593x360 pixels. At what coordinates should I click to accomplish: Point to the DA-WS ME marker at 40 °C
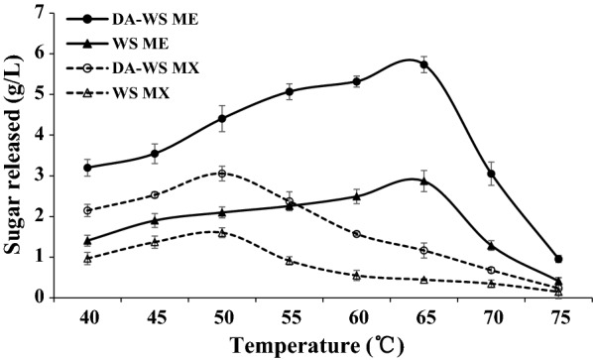pyautogui.click(x=88, y=168)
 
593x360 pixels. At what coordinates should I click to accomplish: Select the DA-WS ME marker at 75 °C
pyautogui.click(x=558, y=259)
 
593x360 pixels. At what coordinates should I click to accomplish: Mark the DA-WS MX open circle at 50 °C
pyautogui.click(x=222, y=174)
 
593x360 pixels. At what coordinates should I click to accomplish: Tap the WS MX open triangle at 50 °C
pyautogui.click(x=222, y=232)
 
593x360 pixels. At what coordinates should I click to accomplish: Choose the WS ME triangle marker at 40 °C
pyautogui.click(x=88, y=241)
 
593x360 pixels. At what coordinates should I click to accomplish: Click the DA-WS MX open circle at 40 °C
pyautogui.click(x=88, y=210)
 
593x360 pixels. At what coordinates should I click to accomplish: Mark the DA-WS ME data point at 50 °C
pyautogui.click(x=222, y=119)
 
